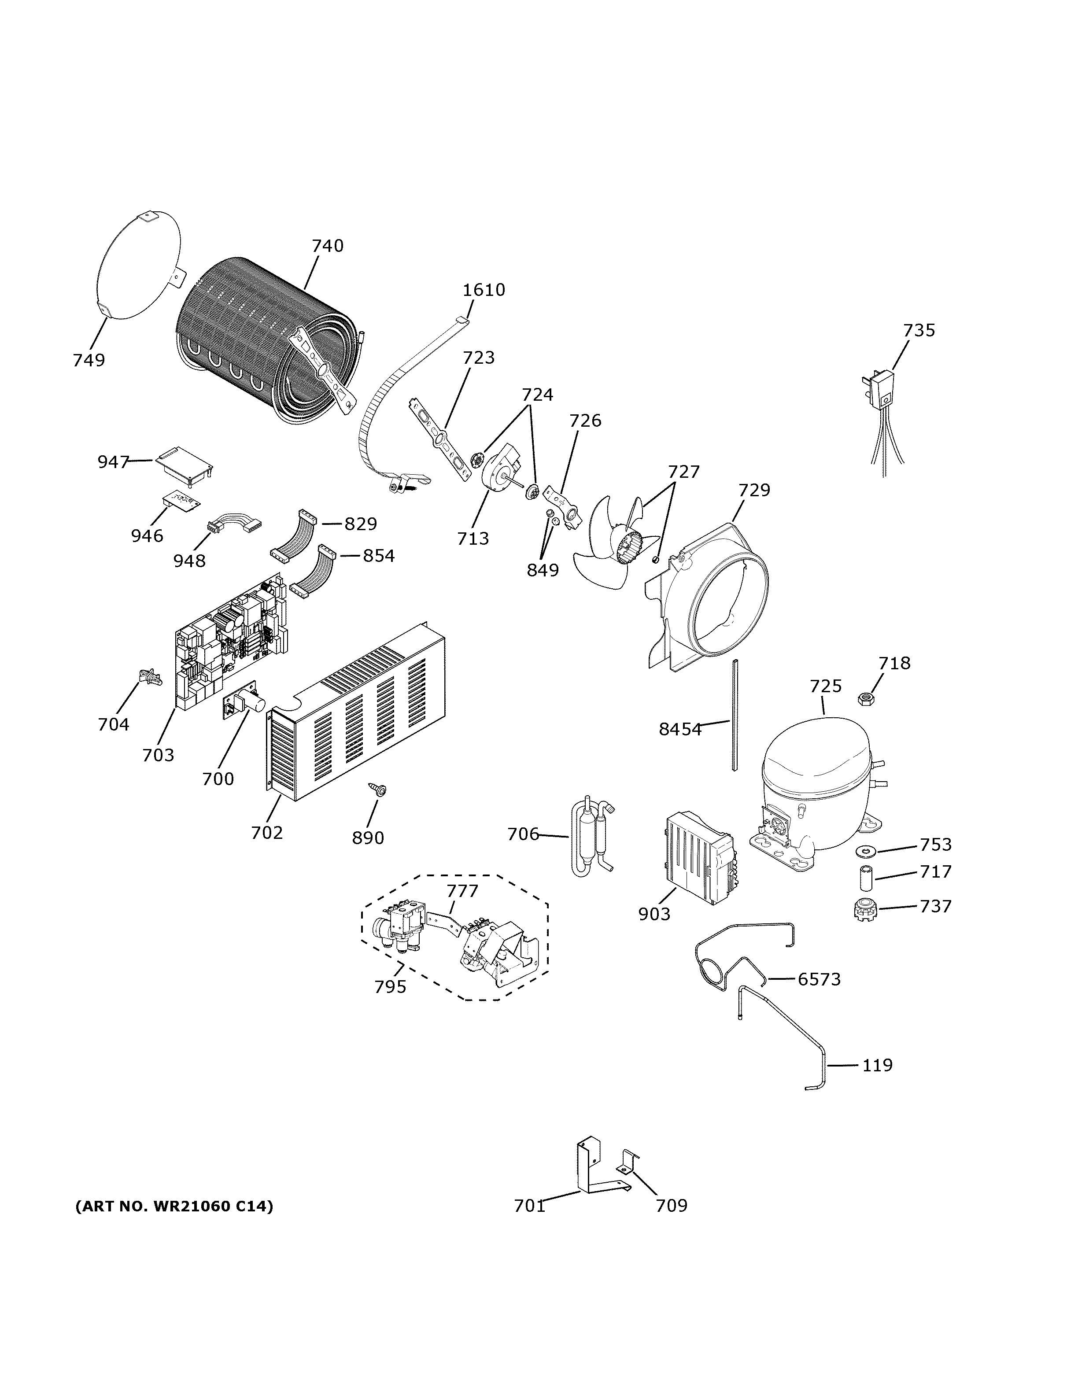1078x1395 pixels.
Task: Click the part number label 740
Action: (328, 246)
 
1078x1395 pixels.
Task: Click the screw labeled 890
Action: (377, 790)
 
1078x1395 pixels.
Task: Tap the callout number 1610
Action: (484, 290)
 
